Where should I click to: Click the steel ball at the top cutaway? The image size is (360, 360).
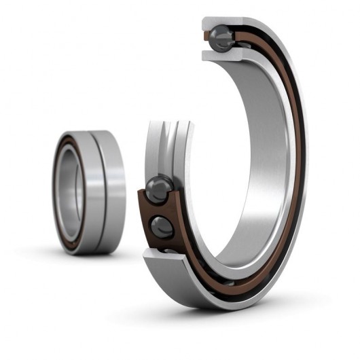click(x=221, y=38)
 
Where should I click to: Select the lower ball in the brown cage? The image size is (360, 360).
click(x=162, y=227)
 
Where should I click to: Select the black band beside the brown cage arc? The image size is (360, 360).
click(x=296, y=170)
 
